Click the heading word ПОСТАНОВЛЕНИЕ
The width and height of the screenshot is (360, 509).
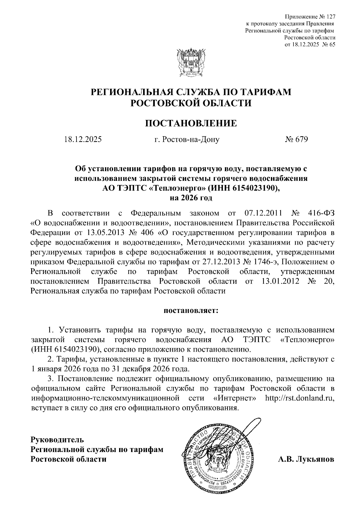pos(191,123)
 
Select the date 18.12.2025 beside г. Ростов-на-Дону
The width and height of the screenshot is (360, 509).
pos(83,139)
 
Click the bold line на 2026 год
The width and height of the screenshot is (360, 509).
pos(191,198)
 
